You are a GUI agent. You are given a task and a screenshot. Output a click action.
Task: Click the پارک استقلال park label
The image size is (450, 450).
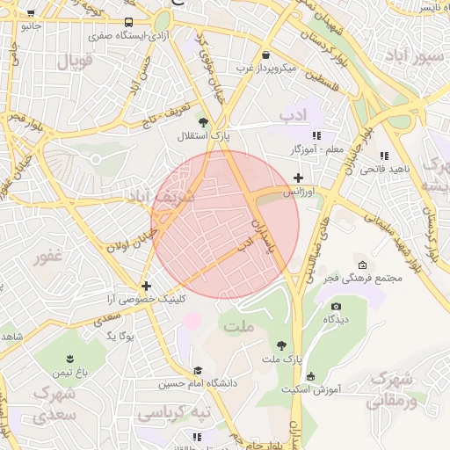(x=204, y=136)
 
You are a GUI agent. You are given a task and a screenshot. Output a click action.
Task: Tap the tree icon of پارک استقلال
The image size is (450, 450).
(x=204, y=122)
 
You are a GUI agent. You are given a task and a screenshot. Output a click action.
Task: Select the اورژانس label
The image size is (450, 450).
(x=298, y=191)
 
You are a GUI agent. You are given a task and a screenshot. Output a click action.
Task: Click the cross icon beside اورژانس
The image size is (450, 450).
(x=298, y=178)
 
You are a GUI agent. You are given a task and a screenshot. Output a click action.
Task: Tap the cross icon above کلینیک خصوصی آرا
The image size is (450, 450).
(x=146, y=286)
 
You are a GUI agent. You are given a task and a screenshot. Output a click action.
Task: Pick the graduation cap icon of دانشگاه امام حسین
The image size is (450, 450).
(x=198, y=371)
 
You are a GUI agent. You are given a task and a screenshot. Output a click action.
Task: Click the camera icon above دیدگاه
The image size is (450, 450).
(x=336, y=307)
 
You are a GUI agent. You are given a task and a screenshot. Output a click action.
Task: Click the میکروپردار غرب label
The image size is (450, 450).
(x=265, y=68)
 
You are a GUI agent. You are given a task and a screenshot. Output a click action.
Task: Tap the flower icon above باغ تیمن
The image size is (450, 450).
(x=69, y=359)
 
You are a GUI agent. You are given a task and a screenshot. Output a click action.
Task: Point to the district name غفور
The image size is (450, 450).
(x=47, y=258)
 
